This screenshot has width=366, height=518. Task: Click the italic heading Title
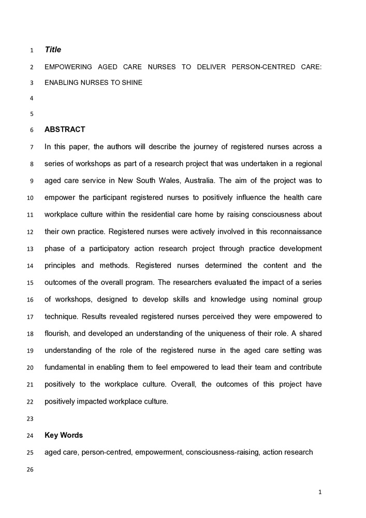point(53,50)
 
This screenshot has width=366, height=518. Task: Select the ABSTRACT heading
point(65,129)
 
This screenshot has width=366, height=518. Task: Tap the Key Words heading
point(64,435)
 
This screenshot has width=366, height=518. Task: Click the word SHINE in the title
point(132,82)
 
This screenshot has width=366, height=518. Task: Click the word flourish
point(57,333)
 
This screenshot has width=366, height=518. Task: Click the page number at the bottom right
point(320,492)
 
